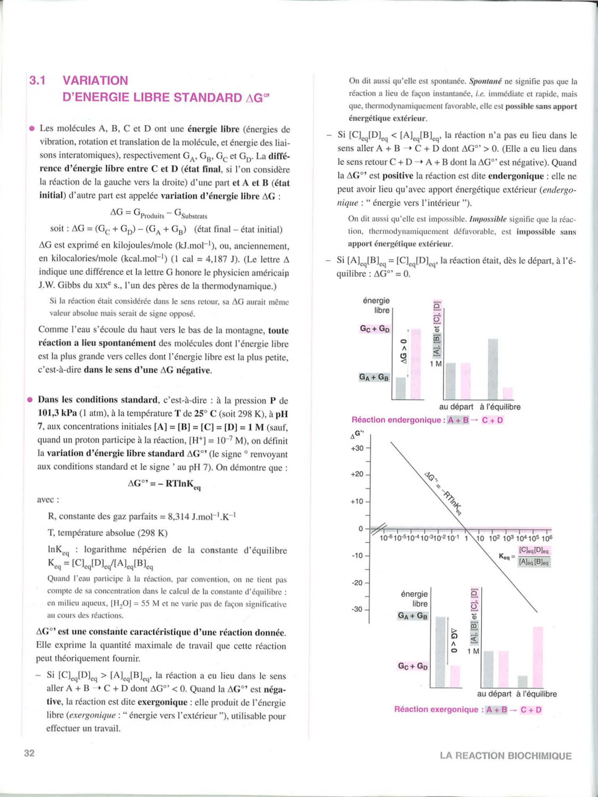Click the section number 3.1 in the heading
37,81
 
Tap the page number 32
29,753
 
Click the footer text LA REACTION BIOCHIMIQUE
505,756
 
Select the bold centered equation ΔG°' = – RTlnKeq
164,484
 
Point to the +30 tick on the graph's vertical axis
357,448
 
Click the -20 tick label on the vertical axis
357,582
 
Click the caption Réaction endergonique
398,420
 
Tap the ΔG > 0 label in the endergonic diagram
404,351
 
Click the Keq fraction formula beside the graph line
526,556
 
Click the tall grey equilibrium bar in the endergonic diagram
493,369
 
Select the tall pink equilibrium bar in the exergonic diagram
538,657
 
